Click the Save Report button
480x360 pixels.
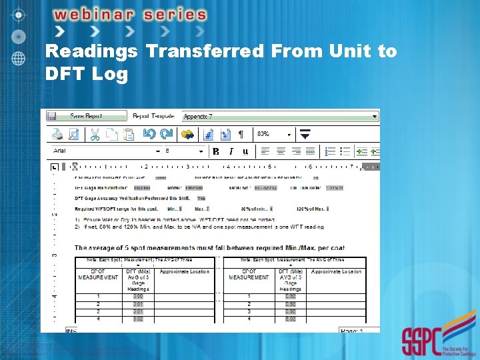tap(87, 116)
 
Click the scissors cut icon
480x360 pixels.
tap(95, 134)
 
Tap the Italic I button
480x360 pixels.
tap(231, 151)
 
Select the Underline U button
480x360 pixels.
tap(245, 151)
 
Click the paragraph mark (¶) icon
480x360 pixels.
tap(241, 134)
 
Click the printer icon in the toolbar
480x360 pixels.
tap(58, 134)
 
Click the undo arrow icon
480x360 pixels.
tap(149, 134)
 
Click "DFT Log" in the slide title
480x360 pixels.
tap(86, 73)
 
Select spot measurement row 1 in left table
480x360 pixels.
tap(98, 296)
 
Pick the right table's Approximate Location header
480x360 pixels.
tap(337, 272)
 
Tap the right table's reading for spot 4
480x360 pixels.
tap(290, 319)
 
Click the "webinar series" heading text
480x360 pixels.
tap(129, 15)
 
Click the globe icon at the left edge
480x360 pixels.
tap(19, 58)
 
